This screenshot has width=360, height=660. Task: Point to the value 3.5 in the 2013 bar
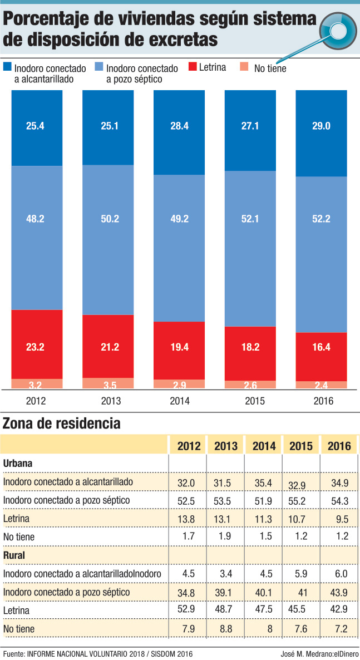pyautogui.click(x=108, y=384)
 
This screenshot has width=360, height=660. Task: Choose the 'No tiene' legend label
pyautogui.click(x=270, y=68)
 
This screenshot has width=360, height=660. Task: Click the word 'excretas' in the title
pyautogui.click(x=180, y=40)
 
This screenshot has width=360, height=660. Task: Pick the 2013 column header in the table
pyautogui.click(x=225, y=446)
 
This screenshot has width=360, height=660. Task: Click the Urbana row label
pyautogui.click(x=18, y=463)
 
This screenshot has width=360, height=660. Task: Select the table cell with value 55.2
pyautogui.click(x=300, y=501)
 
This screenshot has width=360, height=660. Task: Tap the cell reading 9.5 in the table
pyautogui.click(x=339, y=519)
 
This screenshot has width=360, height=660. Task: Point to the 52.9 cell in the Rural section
pyautogui.click(x=187, y=610)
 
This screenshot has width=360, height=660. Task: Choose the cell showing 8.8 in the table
pyautogui.click(x=225, y=628)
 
